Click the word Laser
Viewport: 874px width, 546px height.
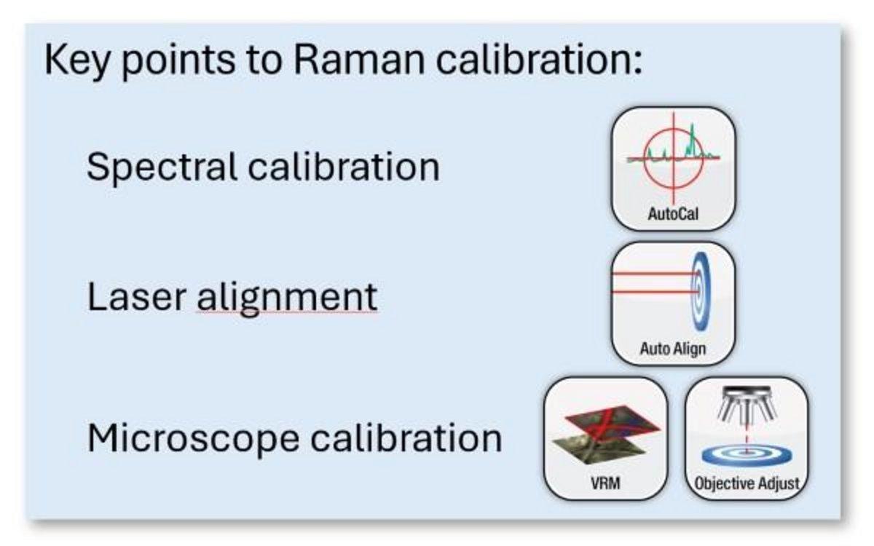coord(135,297)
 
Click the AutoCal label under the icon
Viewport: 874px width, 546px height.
coord(673,215)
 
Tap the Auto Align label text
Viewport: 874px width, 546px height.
coord(673,349)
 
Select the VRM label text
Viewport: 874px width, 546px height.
coord(606,483)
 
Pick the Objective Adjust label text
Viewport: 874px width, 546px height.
coord(747,483)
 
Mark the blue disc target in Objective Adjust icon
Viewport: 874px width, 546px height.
coord(747,456)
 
